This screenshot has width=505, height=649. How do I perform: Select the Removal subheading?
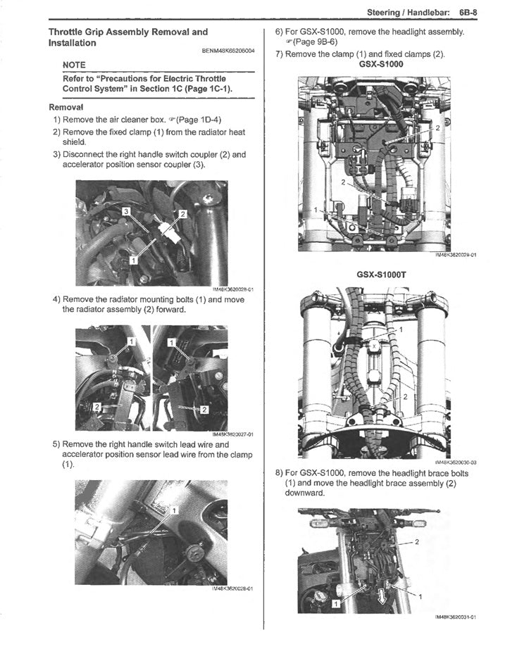coord(66,107)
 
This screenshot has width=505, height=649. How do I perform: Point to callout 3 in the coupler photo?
coord(125,210)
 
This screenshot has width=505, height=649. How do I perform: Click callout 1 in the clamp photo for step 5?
coord(174,508)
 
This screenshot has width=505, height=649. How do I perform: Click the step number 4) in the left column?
coord(56,298)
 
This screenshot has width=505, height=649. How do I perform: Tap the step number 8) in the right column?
coord(279,473)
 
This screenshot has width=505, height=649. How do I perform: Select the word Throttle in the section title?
coord(69,32)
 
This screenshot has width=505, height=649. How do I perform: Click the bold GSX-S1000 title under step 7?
coord(381,64)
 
